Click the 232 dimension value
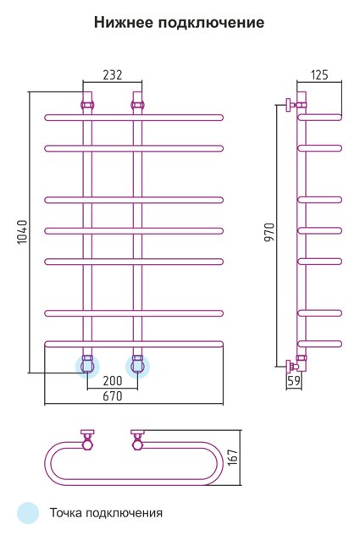pyautogui.click(x=113, y=75)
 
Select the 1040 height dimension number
pyautogui.click(x=22, y=231)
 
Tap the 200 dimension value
pyautogui.click(x=113, y=381)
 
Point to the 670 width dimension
pyautogui.click(x=113, y=395)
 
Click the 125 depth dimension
pyautogui.click(x=319, y=75)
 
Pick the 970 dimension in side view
pyautogui.click(x=269, y=232)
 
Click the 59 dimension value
pyautogui.click(x=294, y=381)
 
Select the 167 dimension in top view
pyautogui.click(x=233, y=457)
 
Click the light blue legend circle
pyautogui.click(x=28, y=513)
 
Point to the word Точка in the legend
pyautogui.click(x=66, y=513)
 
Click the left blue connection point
pyautogui.click(x=87, y=366)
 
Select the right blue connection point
pyautogui.click(x=137, y=366)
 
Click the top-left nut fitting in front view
pyautogui.click(x=87, y=104)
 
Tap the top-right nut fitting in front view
pyautogui.click(x=137, y=104)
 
